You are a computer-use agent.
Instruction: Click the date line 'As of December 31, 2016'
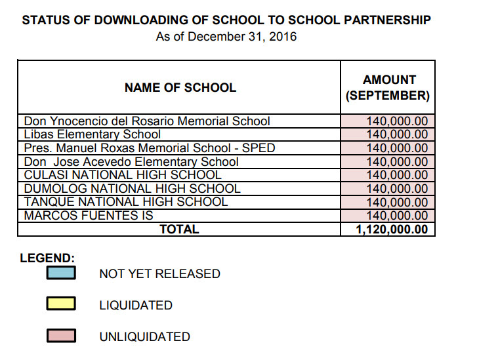[x=226, y=37]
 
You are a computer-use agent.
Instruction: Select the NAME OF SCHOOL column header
[x=180, y=87]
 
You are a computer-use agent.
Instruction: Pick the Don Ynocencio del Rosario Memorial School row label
[x=147, y=121]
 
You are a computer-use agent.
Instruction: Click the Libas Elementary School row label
[x=93, y=134]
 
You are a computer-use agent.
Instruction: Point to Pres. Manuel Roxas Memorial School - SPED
[x=150, y=148]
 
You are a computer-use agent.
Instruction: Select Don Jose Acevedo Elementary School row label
[x=131, y=162]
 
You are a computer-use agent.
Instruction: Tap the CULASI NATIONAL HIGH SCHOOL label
[x=123, y=175]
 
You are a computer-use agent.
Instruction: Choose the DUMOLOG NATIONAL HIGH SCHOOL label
[x=132, y=189]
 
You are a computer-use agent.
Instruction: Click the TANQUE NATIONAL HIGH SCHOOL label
[x=126, y=202]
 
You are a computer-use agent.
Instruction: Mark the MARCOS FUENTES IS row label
[x=89, y=216]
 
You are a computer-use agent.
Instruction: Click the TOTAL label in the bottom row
[x=179, y=230]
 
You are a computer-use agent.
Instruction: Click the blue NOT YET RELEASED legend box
[x=61, y=273]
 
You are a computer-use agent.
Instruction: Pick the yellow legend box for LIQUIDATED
[x=61, y=304]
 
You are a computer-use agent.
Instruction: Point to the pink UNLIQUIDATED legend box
[x=61, y=336]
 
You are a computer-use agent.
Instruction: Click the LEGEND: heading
[x=47, y=258]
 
